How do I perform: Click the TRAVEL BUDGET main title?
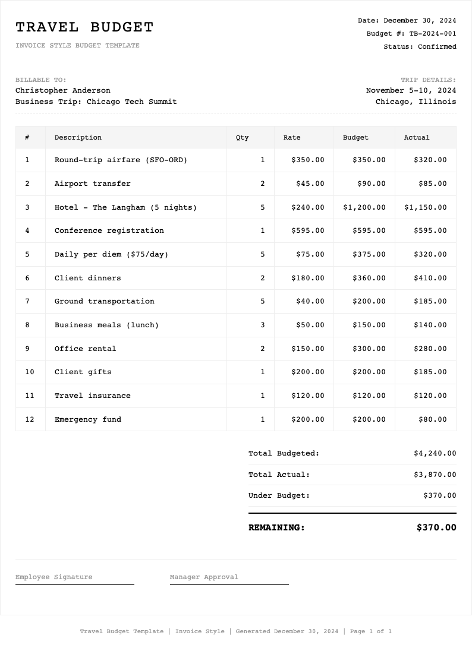(x=84, y=27)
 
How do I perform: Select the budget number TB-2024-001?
(x=433, y=34)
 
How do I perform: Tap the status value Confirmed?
(x=437, y=47)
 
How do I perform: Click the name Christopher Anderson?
(x=63, y=90)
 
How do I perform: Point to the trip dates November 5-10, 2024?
(x=411, y=90)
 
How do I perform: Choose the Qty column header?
(x=243, y=138)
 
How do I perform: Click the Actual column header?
(x=417, y=138)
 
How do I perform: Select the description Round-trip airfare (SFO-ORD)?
(x=121, y=160)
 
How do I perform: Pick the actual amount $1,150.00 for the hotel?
(x=425, y=207)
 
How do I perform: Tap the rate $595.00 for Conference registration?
(x=308, y=230)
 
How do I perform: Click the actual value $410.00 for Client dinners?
(x=430, y=278)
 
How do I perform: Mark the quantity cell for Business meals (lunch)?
(x=263, y=325)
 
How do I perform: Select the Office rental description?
(x=86, y=349)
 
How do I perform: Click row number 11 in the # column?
(x=30, y=396)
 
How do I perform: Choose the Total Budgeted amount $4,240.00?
(x=435, y=453)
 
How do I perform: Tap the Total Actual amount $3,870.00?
(x=435, y=475)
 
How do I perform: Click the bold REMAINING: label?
(x=276, y=527)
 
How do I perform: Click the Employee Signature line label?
(x=54, y=577)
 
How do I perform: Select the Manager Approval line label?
(x=204, y=577)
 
